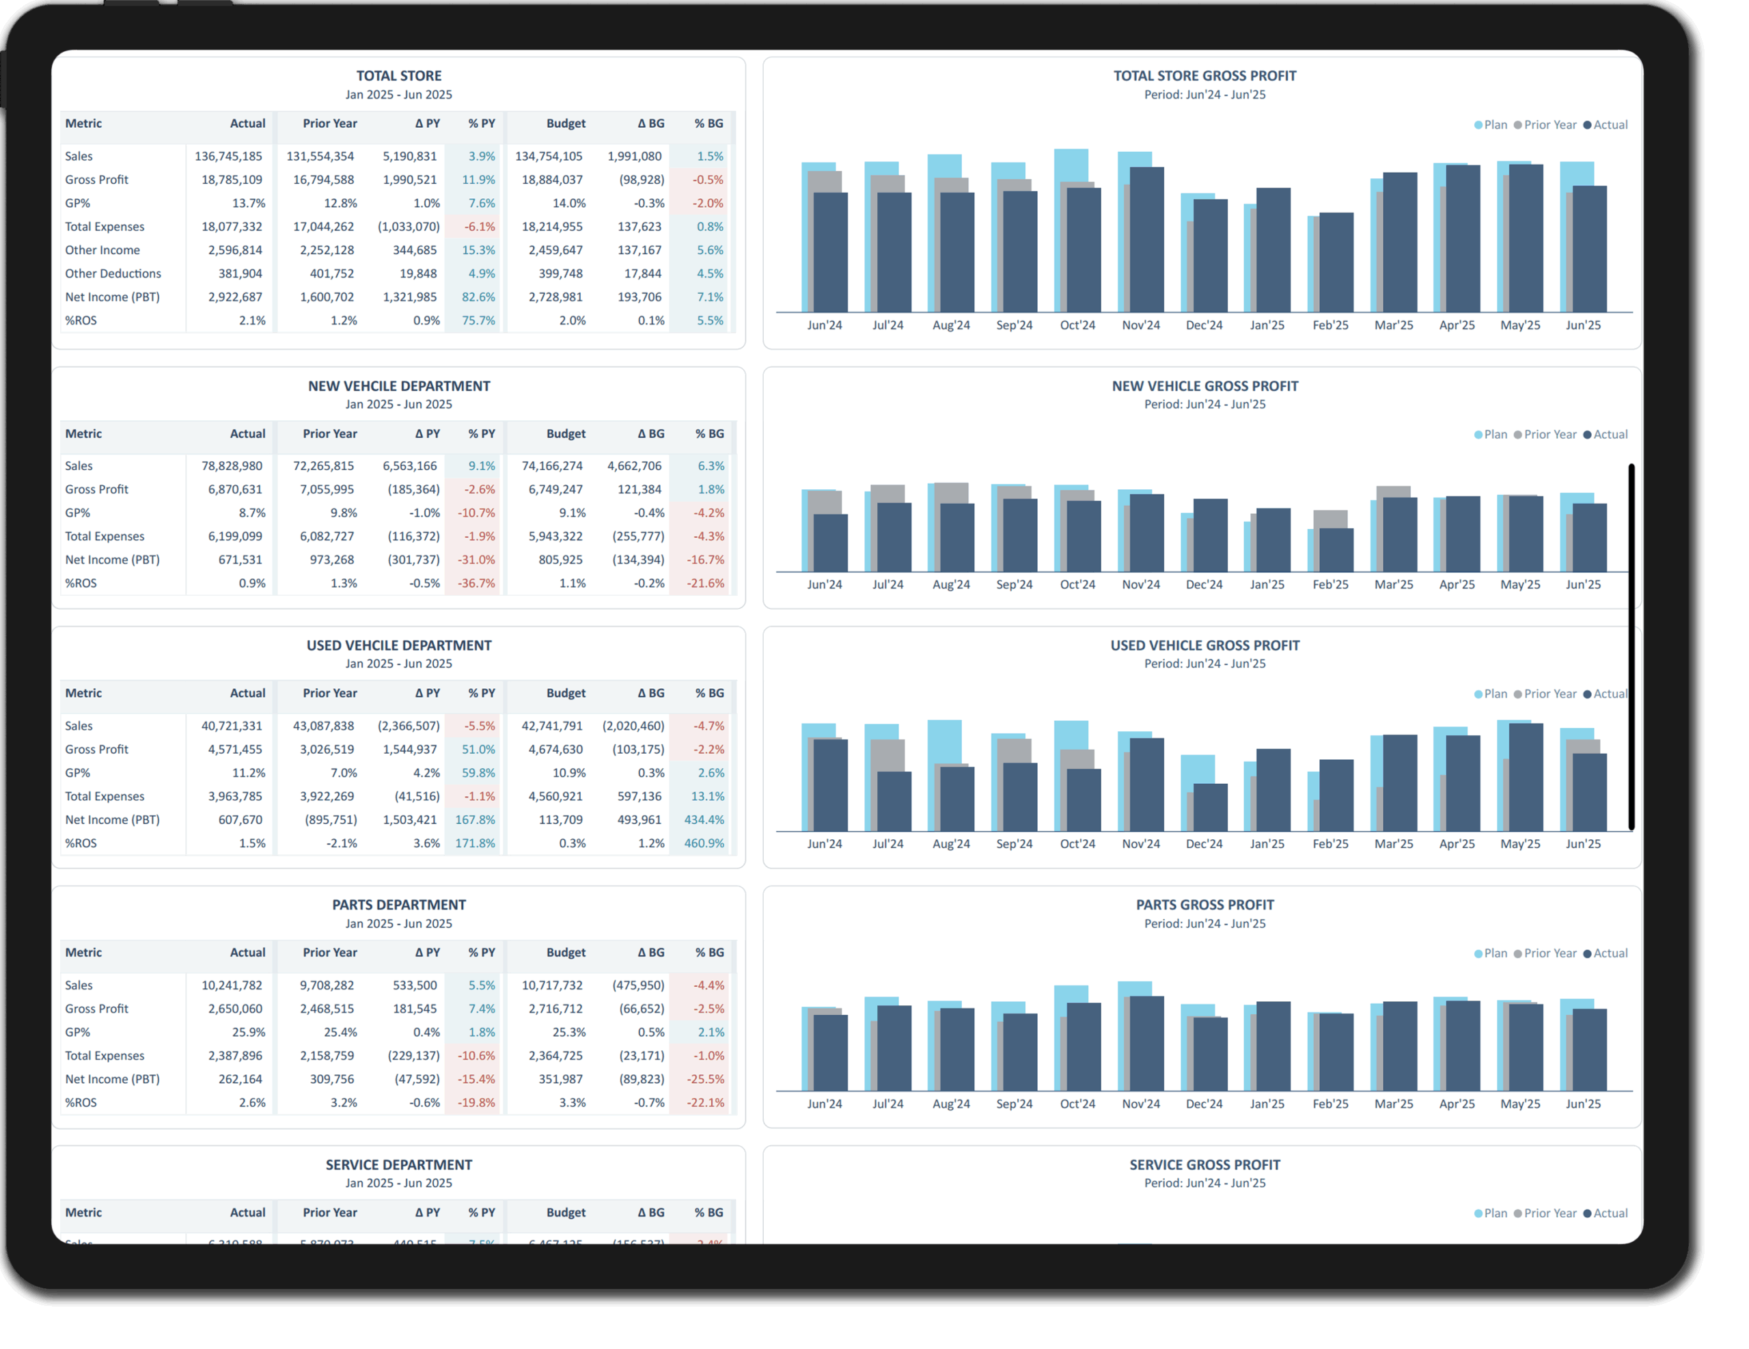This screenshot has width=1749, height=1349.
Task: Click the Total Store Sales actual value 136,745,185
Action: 228,156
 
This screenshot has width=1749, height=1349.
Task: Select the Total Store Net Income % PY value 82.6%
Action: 478,297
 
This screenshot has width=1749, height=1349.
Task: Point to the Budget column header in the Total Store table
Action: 566,124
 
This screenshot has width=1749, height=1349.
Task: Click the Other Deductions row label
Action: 113,273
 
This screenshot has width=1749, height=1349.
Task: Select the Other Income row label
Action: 102,250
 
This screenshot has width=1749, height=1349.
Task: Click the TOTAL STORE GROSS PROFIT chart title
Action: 1204,76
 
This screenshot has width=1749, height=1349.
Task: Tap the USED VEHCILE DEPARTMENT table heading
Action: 399,646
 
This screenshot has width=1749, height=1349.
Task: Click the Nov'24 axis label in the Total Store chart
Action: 1140,325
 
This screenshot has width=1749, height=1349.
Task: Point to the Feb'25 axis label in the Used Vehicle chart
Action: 1330,843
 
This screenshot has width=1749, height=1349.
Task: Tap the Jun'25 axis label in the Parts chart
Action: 1582,1103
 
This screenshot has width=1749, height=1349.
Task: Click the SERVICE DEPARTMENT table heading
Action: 399,1164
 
